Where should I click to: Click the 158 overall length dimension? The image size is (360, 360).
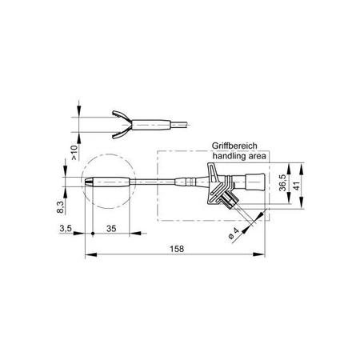(x=178, y=249)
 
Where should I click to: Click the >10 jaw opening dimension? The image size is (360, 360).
(x=74, y=153)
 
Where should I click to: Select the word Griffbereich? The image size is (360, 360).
(x=236, y=146)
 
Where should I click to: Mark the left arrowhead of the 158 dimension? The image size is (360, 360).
(x=88, y=256)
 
